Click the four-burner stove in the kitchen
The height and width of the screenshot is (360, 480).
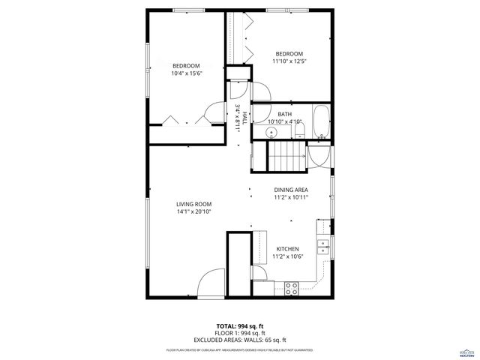click(x=292, y=286)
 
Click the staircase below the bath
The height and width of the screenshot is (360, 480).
click(x=286, y=158)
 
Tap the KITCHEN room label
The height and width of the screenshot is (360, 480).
click(x=287, y=249)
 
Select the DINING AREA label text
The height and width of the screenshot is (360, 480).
click(x=289, y=190)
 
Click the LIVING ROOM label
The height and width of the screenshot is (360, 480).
click(x=193, y=204)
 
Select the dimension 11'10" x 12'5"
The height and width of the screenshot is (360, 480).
click(x=289, y=61)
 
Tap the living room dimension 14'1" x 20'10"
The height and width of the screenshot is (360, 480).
click(x=193, y=212)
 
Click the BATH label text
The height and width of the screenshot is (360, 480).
click(x=284, y=114)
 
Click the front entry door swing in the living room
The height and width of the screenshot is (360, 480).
click(x=211, y=283)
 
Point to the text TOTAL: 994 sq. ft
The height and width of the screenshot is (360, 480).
click(x=239, y=325)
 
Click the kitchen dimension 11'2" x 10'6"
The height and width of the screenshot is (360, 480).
click(x=287, y=257)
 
